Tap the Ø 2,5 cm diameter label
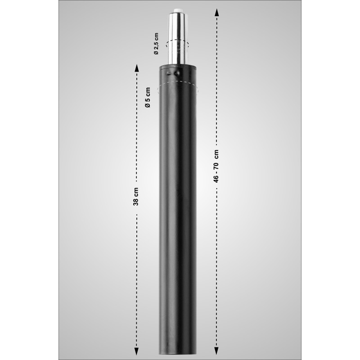156,43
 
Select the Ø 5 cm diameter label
148,97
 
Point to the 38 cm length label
136,197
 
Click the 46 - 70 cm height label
216,166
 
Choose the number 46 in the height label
216,177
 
